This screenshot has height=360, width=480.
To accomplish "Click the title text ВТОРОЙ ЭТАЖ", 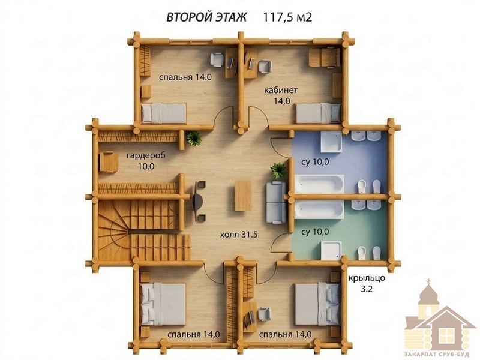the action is (206, 17).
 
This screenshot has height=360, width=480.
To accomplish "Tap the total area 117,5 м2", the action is (287, 17).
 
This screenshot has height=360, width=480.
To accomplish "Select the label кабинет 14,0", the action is (281, 95).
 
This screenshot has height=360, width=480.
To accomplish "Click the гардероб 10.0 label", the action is (146, 161).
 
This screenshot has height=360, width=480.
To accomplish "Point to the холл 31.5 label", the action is (239, 235).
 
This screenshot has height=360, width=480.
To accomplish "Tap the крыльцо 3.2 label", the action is (367, 283).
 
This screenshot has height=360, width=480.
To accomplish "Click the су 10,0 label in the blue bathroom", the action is (316, 162).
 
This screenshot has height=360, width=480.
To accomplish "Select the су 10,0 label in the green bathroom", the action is (316, 232).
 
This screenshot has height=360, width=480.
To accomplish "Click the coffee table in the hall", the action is (243, 196).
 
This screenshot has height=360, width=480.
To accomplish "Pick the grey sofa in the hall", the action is (276, 202).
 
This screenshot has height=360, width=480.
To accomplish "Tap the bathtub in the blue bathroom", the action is (319, 184).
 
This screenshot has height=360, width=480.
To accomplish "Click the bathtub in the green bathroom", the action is (319, 209).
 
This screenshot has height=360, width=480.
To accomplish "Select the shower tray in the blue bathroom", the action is (331, 141).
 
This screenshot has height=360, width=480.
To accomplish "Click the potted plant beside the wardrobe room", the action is (194, 139).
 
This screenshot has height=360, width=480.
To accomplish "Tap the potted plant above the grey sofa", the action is (278, 170).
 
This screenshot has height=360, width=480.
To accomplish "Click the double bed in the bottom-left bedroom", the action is (163, 305).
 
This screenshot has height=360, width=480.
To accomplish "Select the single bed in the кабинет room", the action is (318, 113).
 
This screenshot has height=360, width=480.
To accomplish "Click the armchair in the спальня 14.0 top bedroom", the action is (217, 59).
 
